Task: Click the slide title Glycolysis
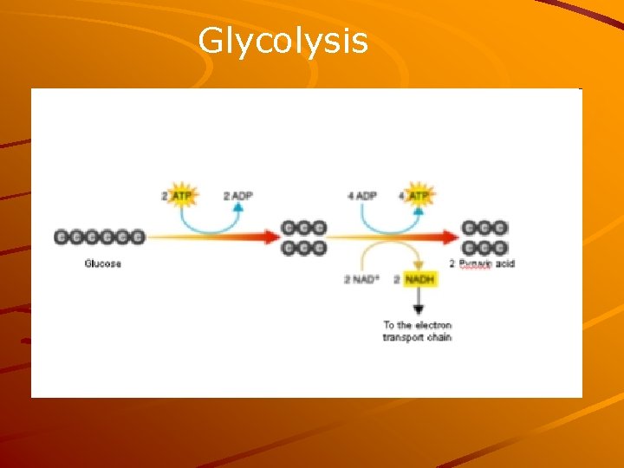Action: point(283,41)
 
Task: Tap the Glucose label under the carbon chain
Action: point(102,263)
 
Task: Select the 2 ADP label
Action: point(237,197)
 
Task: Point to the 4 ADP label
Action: point(361,197)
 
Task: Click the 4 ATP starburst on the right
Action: point(419,197)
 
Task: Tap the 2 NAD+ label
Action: point(362,279)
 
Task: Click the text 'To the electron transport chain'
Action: point(417,331)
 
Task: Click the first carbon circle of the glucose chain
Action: point(62,237)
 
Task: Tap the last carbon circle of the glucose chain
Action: point(137,237)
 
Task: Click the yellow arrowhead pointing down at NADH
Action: point(419,265)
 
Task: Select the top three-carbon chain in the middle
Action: point(304,228)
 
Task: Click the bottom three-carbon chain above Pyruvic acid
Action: point(484,248)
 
